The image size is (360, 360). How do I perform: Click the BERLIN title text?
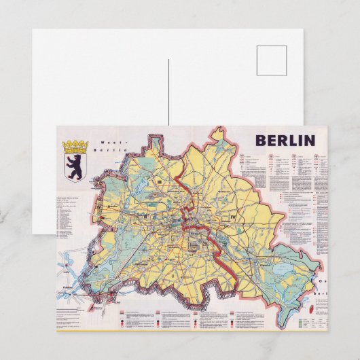click(285, 141)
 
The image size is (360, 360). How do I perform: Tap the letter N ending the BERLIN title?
click(310, 141)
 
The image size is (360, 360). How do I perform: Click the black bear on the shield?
click(73, 168)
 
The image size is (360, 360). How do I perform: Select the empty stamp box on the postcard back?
click(272, 60)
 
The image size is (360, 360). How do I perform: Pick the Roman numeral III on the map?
click(157, 182)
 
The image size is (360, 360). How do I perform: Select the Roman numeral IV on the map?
click(233, 217)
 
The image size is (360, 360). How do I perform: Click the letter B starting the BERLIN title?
click(261, 141)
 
